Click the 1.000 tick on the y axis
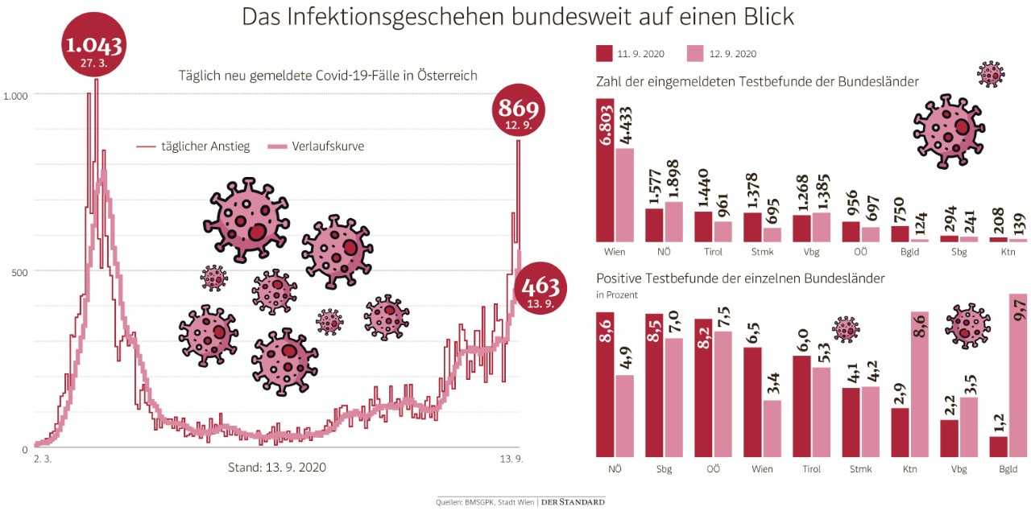(x=15, y=95)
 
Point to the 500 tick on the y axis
(x=19, y=272)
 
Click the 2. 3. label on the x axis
(x=43, y=459)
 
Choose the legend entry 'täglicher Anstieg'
(x=193, y=146)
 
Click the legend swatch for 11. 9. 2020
(x=604, y=53)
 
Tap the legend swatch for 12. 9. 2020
(x=695, y=53)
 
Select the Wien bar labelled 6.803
(x=605, y=170)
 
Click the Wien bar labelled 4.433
(x=624, y=195)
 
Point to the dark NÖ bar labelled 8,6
(x=605, y=385)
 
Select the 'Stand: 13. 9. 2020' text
(x=277, y=466)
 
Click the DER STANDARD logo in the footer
(x=573, y=502)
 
